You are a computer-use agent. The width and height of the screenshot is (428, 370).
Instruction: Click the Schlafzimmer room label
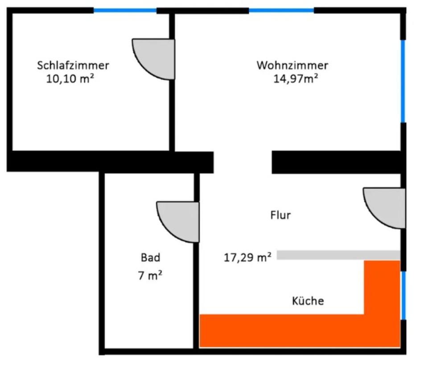pyautogui.click(x=73, y=66)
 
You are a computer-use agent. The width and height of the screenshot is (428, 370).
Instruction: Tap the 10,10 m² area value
pyautogui.click(x=70, y=79)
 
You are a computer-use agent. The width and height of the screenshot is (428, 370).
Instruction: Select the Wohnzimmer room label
pyautogui.click(x=292, y=66)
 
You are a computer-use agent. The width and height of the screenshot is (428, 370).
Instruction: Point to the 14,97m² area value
pyautogui.click(x=296, y=79)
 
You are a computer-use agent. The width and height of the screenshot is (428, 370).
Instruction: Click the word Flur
pyautogui.click(x=280, y=215)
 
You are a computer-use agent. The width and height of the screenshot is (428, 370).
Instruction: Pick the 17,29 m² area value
pyautogui.click(x=247, y=258)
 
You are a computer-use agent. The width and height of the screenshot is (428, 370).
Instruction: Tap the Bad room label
pyautogui.click(x=150, y=257)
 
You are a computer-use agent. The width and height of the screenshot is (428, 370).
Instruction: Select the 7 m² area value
pyautogui.click(x=150, y=276)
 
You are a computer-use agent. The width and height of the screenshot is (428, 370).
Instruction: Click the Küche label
pyautogui.click(x=308, y=301)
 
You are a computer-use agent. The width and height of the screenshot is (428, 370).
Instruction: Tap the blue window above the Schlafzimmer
pyautogui.click(x=125, y=10)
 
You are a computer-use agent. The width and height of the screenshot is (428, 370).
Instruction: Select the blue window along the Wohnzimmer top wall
pyautogui.click(x=281, y=10)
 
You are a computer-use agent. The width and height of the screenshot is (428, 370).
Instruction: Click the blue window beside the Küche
pyautogui.click(x=403, y=295)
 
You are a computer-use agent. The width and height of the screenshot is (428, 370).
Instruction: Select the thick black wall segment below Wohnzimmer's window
pyautogui.click(x=337, y=161)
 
